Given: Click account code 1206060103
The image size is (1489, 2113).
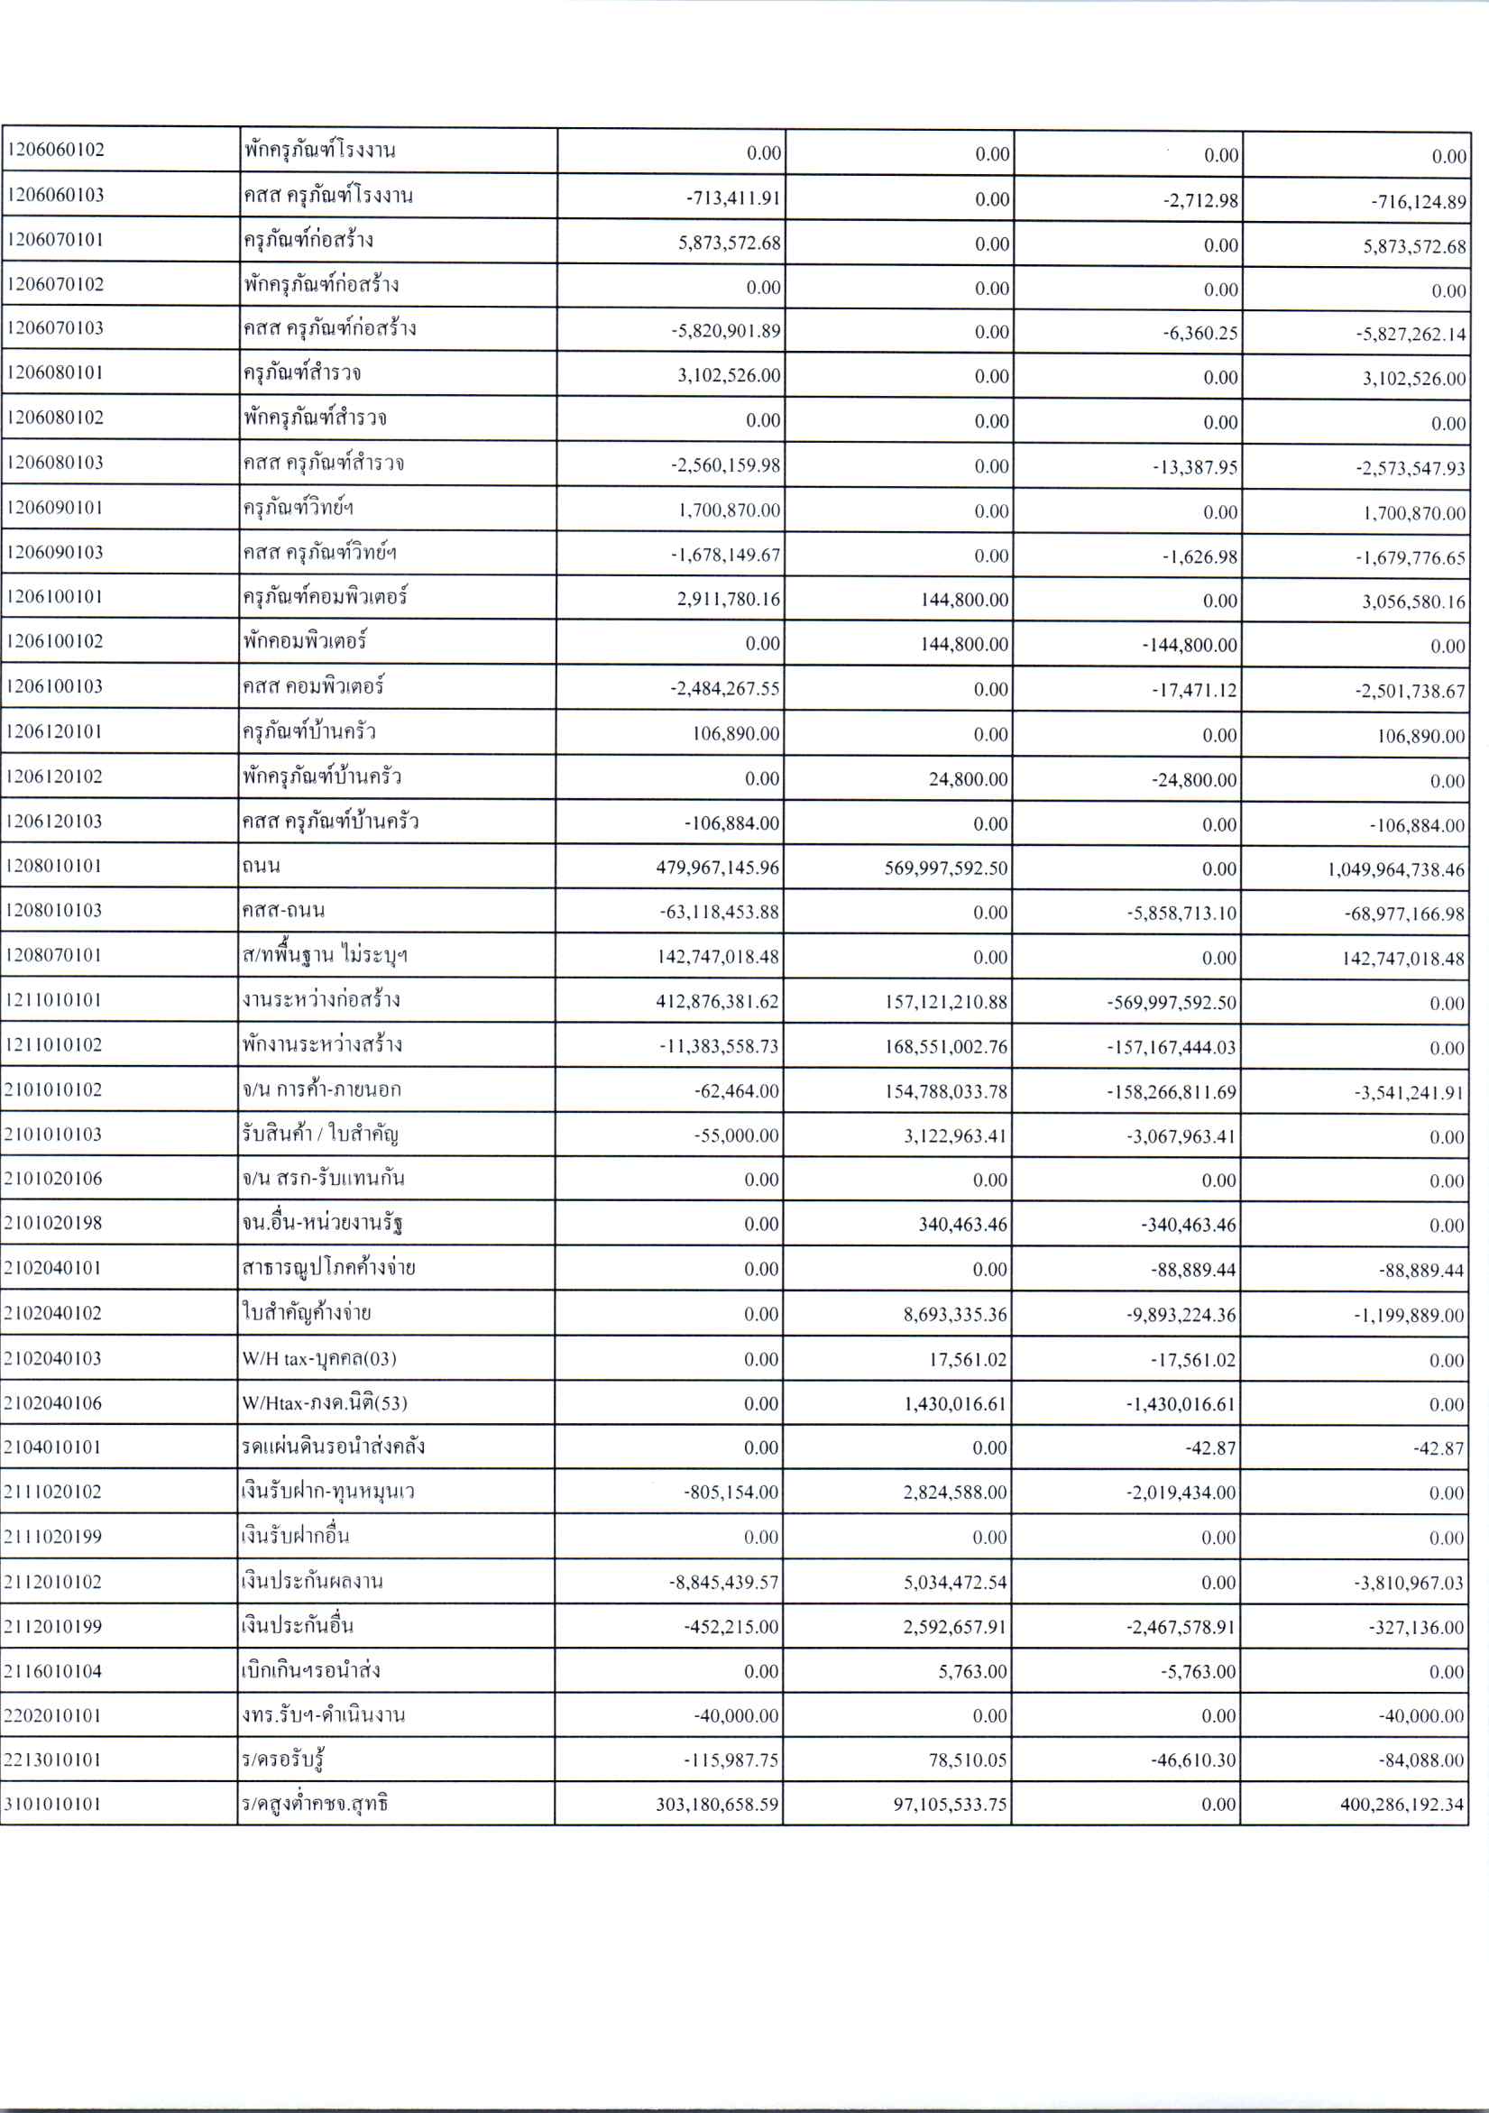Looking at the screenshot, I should pyautogui.click(x=55, y=195).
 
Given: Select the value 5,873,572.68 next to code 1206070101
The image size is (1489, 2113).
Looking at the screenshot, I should pyautogui.click(x=729, y=243).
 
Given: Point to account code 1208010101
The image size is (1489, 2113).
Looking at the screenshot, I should pyautogui.click(x=54, y=866).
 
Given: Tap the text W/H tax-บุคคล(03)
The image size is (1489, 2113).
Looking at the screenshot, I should pyautogui.click(x=319, y=1358).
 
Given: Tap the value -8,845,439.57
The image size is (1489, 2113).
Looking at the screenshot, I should pyautogui.click(x=723, y=1583).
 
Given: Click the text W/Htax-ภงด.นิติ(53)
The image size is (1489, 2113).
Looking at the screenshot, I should pyautogui.click(x=324, y=1403).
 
